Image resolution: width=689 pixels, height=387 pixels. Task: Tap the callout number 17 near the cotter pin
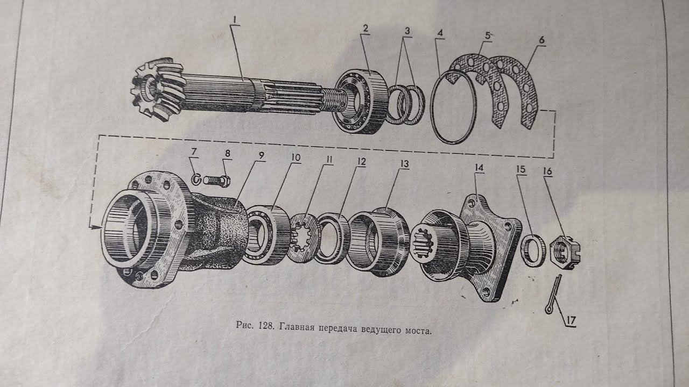click(x=571, y=320)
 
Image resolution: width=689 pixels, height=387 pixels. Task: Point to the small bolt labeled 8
click(x=217, y=180)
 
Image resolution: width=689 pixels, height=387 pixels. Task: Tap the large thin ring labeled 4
click(x=454, y=107)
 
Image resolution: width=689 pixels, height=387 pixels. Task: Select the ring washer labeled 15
click(x=533, y=250)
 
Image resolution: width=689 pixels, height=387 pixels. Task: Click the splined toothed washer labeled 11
click(x=303, y=238)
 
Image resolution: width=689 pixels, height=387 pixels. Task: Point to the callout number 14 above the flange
click(x=479, y=168)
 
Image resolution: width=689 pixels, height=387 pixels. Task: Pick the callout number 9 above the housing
click(x=261, y=156)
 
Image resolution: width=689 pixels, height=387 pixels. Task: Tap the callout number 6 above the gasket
click(x=541, y=39)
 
